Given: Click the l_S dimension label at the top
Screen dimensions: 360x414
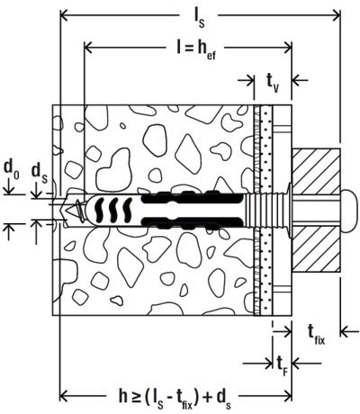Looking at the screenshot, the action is [x=199, y=18].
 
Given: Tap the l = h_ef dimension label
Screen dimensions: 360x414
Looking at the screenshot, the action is [x=196, y=50].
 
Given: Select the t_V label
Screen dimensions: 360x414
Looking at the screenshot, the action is [x=273, y=83].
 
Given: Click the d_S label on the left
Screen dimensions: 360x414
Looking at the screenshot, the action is [x=40, y=174].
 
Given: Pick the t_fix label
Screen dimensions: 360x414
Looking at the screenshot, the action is [x=316, y=335].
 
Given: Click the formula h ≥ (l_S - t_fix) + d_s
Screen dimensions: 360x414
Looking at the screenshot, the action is [x=175, y=398].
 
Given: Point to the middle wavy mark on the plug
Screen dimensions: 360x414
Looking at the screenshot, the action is [x=114, y=209].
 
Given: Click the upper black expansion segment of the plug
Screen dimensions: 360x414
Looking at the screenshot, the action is [x=192, y=197].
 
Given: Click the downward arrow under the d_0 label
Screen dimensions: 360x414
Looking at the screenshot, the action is [x=9, y=187].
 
